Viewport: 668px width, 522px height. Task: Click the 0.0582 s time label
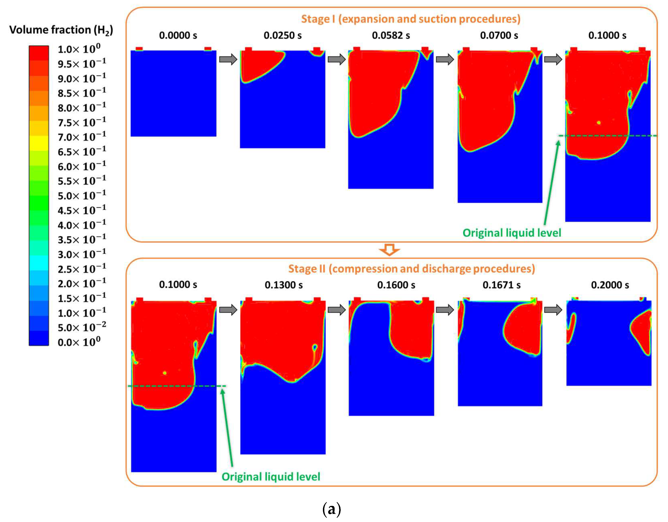(391, 35)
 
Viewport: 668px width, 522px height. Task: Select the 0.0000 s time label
(178, 35)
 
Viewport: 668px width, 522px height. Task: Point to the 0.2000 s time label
(610, 285)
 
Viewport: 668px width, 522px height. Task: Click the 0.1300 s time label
(284, 285)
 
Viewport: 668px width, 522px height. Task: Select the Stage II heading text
(411, 268)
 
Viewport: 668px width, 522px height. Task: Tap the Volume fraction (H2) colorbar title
(61, 30)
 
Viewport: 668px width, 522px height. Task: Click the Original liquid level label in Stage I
(512, 233)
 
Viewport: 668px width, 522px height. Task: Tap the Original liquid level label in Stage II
(271, 477)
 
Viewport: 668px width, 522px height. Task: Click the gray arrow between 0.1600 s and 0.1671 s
(445, 310)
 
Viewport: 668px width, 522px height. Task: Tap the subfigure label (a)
(332, 509)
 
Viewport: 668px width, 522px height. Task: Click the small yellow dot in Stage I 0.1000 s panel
(599, 123)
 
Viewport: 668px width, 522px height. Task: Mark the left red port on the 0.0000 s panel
(139, 49)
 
